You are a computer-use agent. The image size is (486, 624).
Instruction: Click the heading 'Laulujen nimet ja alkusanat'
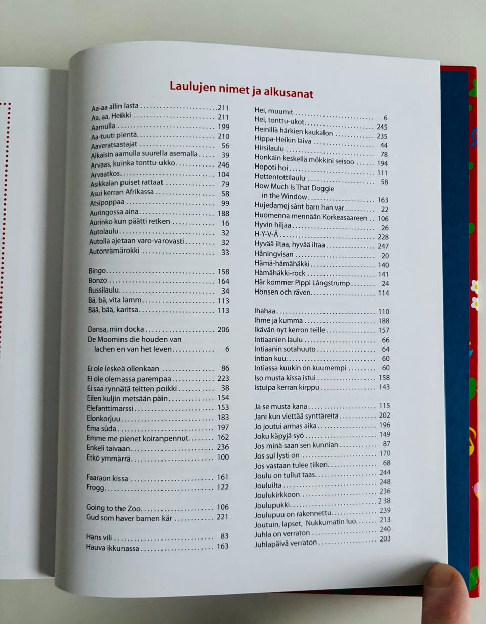click(241, 90)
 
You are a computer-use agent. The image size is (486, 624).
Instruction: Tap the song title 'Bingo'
click(98, 271)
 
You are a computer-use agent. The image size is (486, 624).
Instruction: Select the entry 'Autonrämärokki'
click(114, 251)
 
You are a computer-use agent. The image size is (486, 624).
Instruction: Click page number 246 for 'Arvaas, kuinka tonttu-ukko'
click(223, 164)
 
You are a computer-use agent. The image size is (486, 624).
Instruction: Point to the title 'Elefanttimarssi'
click(110, 408)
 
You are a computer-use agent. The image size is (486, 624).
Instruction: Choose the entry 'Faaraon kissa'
click(107, 478)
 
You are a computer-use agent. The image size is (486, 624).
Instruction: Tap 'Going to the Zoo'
click(113, 508)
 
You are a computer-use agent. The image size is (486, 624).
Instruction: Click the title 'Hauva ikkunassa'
click(112, 548)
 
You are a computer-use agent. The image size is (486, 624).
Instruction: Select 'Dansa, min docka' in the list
click(116, 329)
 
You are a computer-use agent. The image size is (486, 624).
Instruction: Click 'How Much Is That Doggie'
click(294, 187)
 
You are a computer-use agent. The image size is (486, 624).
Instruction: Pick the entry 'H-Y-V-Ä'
click(266, 235)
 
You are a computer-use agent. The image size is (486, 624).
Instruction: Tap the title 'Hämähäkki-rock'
click(280, 273)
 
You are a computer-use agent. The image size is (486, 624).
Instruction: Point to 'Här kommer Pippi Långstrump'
click(302, 283)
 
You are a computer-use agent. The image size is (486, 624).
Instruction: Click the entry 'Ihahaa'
click(265, 311)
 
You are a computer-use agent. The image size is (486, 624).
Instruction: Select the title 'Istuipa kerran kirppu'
click(287, 387)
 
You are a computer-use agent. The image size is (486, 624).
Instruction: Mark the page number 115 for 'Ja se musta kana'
click(384, 406)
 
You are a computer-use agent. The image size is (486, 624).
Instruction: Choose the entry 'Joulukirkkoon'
click(277, 495)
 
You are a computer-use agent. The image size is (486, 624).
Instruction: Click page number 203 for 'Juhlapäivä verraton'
click(385, 539)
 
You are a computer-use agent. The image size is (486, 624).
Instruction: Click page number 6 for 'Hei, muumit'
click(385, 117)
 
